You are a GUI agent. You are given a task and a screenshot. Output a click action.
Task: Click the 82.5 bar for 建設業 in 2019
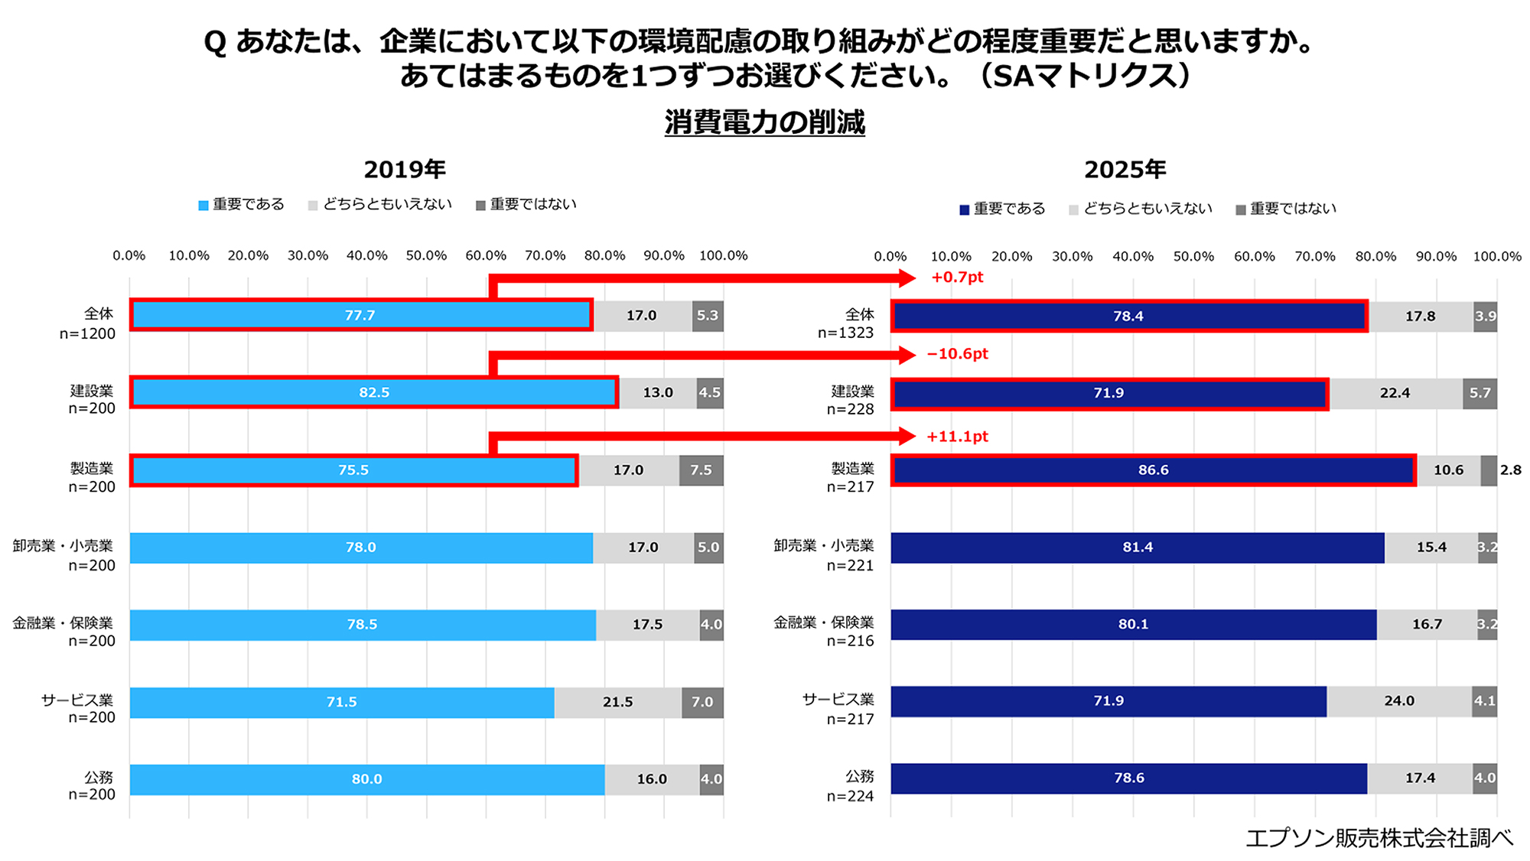coord(374,392)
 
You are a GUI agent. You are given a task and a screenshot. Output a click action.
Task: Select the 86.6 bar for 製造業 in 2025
coord(1153,470)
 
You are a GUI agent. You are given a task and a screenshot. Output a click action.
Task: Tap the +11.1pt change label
coord(957,437)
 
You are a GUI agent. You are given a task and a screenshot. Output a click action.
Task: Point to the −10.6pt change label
coord(957,354)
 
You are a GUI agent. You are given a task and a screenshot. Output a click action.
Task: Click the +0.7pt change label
coord(957,277)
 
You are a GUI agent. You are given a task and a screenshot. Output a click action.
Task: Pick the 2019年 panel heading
coord(405,169)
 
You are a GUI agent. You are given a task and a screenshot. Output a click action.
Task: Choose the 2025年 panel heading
coord(1125,169)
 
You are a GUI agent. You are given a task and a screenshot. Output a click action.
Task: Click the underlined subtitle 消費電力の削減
coord(764,122)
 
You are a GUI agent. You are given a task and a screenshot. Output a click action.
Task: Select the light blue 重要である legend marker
coord(203,206)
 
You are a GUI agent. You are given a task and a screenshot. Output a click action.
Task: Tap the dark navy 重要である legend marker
coord(964,210)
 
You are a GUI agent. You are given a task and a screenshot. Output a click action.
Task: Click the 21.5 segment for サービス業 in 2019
coord(618,702)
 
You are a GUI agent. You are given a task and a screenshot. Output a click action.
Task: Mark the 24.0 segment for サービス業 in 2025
coord(1399,701)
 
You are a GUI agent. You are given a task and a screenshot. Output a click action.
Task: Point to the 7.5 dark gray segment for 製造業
coord(701,470)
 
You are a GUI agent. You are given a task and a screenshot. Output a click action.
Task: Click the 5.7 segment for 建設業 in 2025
coord(1480,393)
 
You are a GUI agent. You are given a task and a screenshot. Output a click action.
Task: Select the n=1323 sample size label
coord(845,333)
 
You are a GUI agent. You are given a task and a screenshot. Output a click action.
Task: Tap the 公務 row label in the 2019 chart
coord(99,777)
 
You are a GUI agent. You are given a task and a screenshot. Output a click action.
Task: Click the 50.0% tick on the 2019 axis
coord(426,255)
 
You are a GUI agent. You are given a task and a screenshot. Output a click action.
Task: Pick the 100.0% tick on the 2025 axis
coord(1497,257)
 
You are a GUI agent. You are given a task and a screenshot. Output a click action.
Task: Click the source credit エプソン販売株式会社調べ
coord(1379,838)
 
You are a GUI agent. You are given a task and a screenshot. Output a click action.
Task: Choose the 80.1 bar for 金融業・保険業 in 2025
coord(1133,625)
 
